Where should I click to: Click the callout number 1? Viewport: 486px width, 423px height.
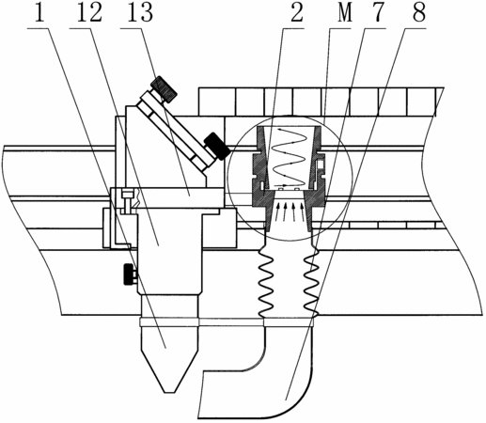[39, 12]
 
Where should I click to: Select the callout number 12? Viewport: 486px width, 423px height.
[90, 12]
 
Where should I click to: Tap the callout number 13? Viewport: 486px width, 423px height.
[140, 12]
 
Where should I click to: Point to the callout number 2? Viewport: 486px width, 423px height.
[297, 12]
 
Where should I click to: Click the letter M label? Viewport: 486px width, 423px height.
[345, 12]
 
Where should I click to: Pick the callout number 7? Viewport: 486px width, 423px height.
[377, 12]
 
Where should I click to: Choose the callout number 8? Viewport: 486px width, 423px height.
[419, 12]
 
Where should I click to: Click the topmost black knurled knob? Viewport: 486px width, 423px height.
[164, 89]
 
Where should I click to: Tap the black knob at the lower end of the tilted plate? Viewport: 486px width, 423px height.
[216, 146]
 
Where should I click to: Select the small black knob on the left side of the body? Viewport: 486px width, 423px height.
[130, 274]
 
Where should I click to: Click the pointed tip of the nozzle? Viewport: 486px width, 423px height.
[169, 392]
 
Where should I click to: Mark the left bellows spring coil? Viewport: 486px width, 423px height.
[265, 280]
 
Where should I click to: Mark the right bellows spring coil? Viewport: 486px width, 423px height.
[312, 280]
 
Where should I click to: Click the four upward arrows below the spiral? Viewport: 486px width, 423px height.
[289, 211]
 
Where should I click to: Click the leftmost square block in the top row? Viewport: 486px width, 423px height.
[217, 102]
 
